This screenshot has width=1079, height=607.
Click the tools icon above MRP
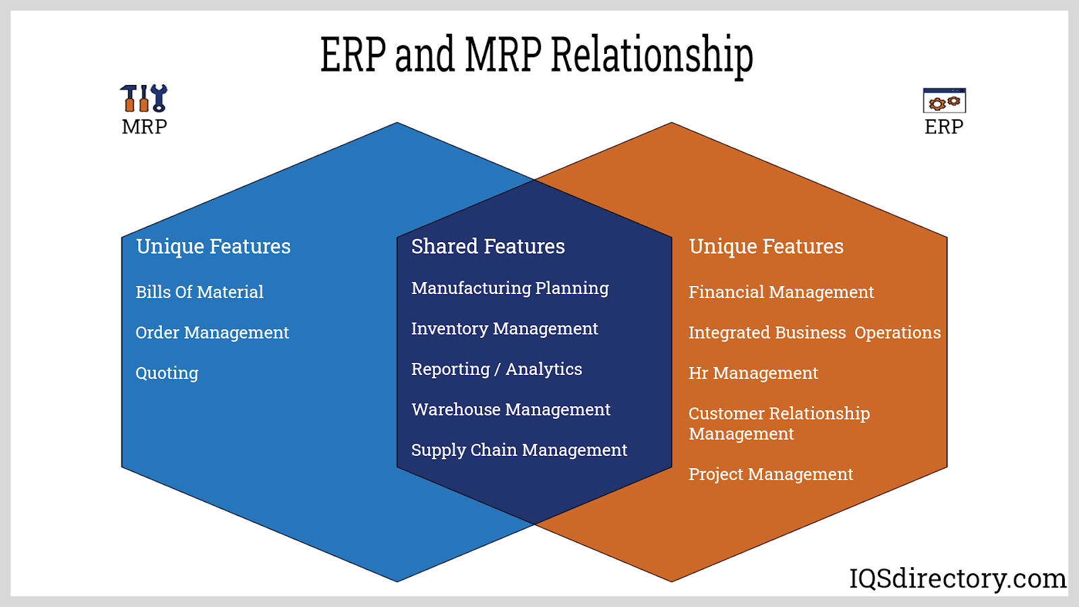click(144, 98)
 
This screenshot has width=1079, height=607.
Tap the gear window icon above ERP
click(944, 101)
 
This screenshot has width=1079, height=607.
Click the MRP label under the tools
click(144, 127)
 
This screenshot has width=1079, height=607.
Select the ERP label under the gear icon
click(943, 127)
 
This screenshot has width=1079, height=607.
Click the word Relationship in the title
click(651, 55)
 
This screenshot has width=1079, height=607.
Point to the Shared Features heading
click(488, 247)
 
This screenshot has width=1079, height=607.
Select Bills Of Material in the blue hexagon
click(199, 292)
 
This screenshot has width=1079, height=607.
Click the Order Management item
click(212, 333)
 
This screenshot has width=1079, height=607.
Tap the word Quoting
click(167, 373)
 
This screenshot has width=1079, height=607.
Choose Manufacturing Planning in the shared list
click(510, 288)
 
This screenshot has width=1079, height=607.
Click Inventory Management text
click(504, 328)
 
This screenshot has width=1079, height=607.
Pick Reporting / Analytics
click(496, 369)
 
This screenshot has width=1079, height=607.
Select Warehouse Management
click(511, 409)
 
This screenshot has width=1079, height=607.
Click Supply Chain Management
click(519, 450)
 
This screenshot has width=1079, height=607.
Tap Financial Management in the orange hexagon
click(781, 292)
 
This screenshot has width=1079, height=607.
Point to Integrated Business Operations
click(814, 333)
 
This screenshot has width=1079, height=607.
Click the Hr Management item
click(753, 373)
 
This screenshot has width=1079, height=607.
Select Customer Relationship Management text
click(778, 423)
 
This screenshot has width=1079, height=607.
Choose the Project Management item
click(770, 474)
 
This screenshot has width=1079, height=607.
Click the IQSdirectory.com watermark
click(957, 579)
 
